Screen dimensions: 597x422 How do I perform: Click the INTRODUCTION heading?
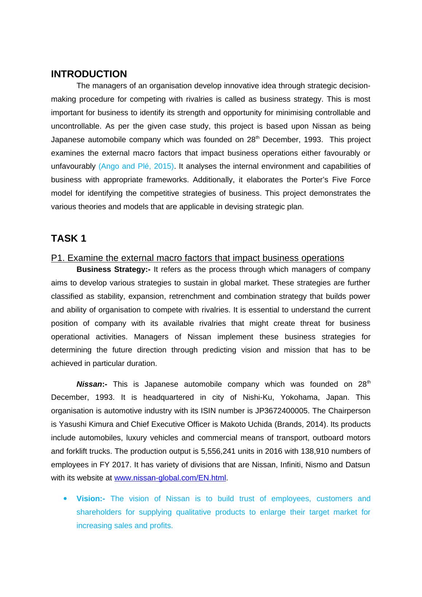click(x=89, y=74)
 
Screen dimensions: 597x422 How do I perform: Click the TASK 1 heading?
click(x=69, y=238)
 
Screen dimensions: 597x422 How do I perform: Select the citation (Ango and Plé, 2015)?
click(x=136, y=166)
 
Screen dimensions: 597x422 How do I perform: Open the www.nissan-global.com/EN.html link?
click(x=170, y=478)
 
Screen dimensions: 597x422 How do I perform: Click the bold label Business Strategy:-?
click(x=113, y=269)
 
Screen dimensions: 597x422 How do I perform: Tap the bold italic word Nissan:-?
click(x=91, y=384)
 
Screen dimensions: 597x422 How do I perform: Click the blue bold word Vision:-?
click(x=91, y=499)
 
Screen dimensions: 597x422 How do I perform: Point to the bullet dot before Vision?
click(x=65, y=499)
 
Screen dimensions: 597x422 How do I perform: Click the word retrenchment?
click(x=200, y=296)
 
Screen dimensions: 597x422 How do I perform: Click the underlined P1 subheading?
click(x=198, y=258)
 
